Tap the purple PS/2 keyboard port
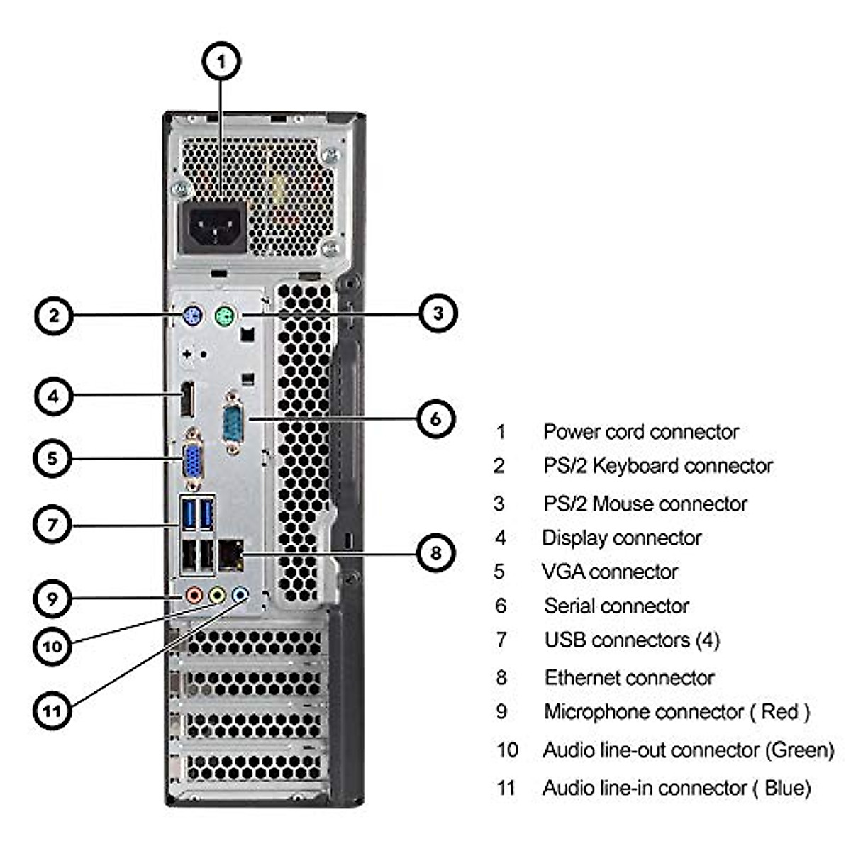coord(192,316)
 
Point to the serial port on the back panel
coord(233,423)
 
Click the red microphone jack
coord(194,595)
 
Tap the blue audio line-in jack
coord(240,595)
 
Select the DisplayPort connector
coord(188,399)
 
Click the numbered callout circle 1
coord(221,61)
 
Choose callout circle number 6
coord(436,418)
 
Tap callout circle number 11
coord(52,711)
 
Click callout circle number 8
coord(436,552)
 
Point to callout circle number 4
coord(53,396)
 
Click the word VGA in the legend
coord(562,572)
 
